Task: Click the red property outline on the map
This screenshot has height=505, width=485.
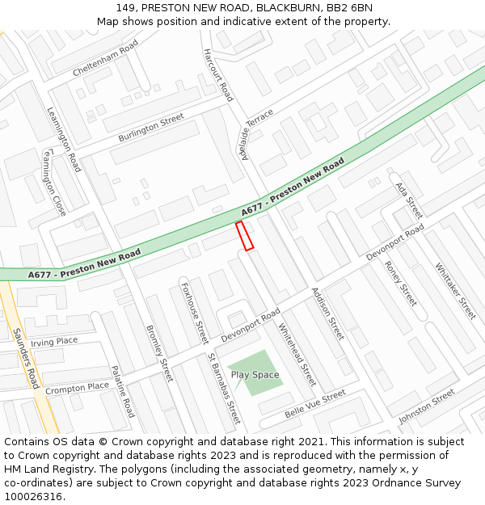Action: pyautogui.click(x=244, y=235)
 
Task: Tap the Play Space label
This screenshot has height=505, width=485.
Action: pyautogui.click(x=255, y=375)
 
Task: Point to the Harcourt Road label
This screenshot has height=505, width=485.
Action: pyautogui.click(x=217, y=75)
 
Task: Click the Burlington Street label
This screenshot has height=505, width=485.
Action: pyautogui.click(x=151, y=128)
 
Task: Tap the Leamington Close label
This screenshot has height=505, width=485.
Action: pyautogui.click(x=54, y=182)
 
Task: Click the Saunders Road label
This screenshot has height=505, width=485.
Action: pyautogui.click(x=26, y=358)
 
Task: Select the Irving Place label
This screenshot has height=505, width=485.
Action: pyautogui.click(x=54, y=342)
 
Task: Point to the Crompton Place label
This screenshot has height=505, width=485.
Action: pyautogui.click(x=77, y=389)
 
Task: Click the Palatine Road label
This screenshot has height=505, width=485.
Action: pyautogui.click(x=123, y=389)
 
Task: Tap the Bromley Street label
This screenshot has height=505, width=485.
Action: pyautogui.click(x=159, y=353)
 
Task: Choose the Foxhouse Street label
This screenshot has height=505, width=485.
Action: pyautogui.click(x=195, y=312)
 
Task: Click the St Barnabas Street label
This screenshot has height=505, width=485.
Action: pyautogui.click(x=224, y=388)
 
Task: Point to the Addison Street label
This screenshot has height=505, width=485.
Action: pyautogui.click(x=327, y=313)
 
